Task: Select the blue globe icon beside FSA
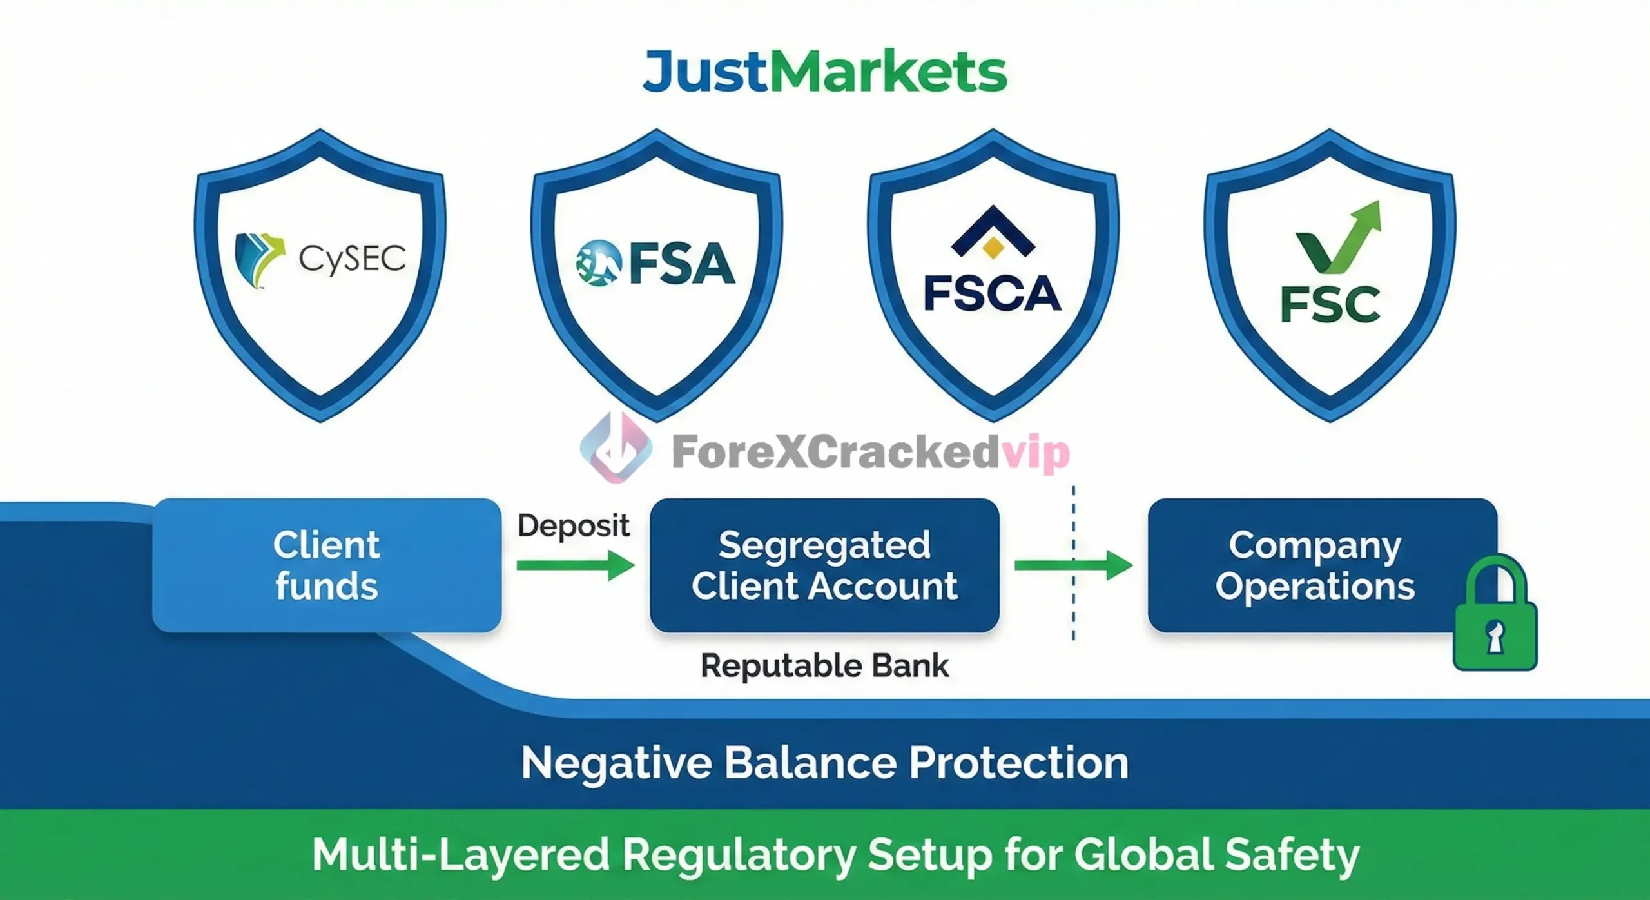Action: (599, 262)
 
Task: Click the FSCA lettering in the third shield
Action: (993, 294)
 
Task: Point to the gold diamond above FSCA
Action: (993, 248)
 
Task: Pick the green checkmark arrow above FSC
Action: (1339, 237)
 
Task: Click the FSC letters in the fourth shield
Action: (1330, 304)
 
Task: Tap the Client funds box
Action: (327, 565)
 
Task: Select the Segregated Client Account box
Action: (824, 565)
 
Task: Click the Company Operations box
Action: (1323, 565)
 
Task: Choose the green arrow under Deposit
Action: (576, 565)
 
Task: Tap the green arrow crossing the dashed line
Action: (1074, 565)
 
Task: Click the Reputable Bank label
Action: (825, 666)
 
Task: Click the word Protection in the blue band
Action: (1019, 763)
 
